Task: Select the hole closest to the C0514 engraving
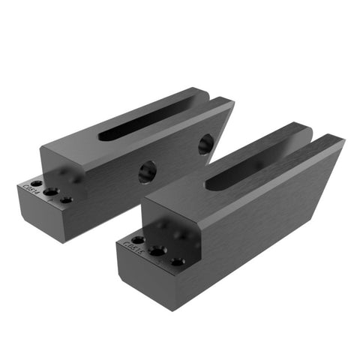coord(36,184)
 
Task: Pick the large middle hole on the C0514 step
coord(50,192)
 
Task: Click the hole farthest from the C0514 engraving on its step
coord(66,200)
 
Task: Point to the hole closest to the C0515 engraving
coord(139,240)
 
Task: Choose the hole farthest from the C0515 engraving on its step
coord(177,262)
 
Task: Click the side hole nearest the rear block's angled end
coord(205,143)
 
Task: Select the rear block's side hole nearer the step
coord(146,172)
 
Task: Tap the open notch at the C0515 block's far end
coord(319,136)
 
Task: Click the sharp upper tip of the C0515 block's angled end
coord(341,140)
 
